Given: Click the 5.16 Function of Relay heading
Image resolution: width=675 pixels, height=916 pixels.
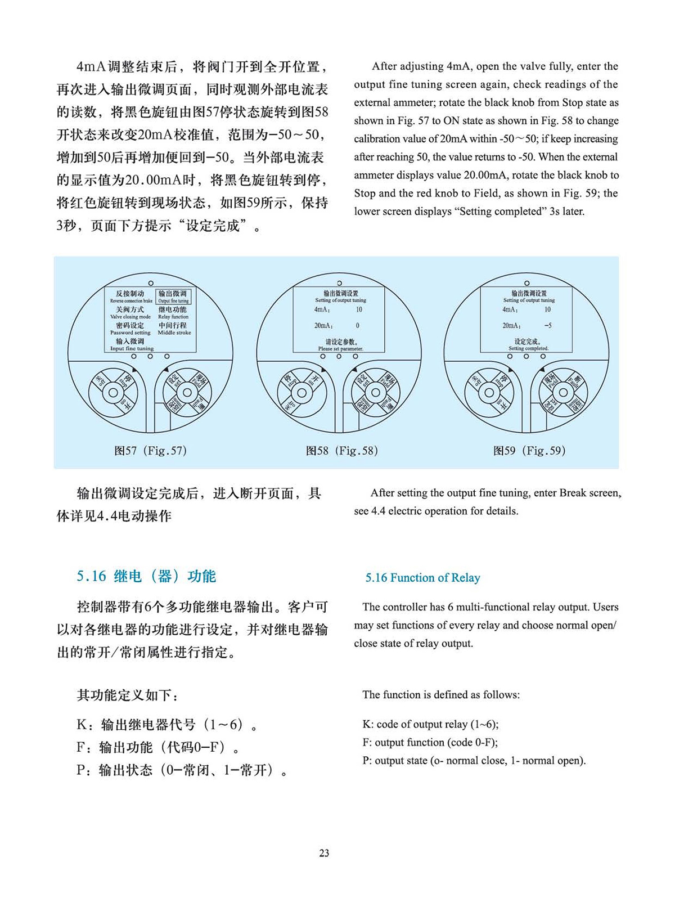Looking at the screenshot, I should coord(422,578).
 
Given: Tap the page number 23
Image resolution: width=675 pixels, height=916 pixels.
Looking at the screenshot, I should coord(324,853).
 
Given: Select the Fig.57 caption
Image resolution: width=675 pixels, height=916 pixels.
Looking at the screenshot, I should coord(150,451).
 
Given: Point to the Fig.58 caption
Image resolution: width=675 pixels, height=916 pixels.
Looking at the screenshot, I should coord(341,451).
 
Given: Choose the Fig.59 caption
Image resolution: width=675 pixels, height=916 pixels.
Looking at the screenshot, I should coord(529,451).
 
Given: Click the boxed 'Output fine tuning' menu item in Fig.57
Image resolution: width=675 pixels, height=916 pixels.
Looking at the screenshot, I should coord(173,297).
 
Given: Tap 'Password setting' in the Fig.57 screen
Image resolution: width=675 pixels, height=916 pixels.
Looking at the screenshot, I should coord(130,329).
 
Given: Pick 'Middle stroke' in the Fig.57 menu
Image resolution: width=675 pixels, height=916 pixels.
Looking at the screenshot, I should coord(173,329).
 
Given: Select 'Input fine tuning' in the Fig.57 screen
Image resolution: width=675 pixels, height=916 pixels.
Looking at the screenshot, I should coord(131,344).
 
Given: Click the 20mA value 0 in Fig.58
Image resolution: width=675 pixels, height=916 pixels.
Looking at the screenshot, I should coord(358,326).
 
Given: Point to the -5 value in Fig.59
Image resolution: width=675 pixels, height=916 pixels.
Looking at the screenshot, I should coord(548,326).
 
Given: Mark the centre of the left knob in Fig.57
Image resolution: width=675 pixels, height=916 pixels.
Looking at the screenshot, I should coord(113,392).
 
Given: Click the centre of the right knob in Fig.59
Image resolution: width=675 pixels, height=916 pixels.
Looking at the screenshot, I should coord(564,392).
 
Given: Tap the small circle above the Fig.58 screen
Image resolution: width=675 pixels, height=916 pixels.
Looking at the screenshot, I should coord(339,283).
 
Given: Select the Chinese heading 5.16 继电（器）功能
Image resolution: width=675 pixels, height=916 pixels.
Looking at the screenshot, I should coord(146,577).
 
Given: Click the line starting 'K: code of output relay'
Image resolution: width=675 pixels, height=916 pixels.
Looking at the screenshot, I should coord(430,725).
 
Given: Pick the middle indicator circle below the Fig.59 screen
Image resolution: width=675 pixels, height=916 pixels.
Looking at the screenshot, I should coord(526,356).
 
